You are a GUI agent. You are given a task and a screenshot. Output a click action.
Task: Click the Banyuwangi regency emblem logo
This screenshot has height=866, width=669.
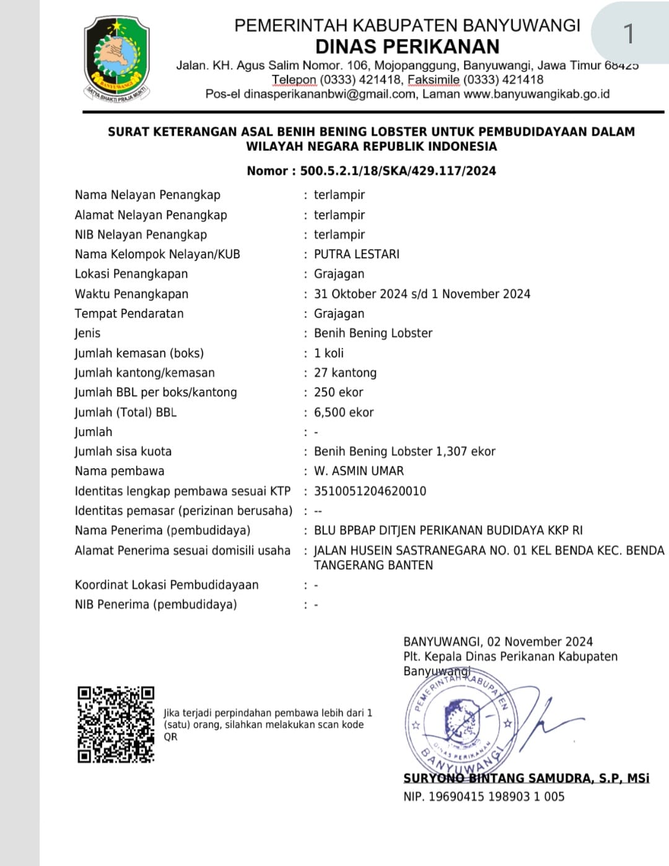click(117, 59)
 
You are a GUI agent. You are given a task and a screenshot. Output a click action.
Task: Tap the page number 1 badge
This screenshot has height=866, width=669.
click(629, 33)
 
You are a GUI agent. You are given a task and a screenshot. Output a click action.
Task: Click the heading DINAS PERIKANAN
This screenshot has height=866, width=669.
click(407, 46)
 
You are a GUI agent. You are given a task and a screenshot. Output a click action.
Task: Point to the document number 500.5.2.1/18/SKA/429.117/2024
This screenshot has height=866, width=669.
click(398, 171)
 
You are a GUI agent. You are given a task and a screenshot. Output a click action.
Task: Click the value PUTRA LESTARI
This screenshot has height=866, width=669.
click(356, 254)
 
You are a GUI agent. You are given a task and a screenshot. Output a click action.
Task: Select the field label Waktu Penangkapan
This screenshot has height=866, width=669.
click(131, 294)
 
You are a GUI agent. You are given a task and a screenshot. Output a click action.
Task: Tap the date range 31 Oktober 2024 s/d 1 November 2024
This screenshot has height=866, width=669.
click(422, 294)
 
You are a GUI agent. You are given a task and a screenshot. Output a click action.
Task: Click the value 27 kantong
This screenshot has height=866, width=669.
click(345, 372)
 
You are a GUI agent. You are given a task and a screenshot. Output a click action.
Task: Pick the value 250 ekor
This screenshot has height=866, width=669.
click(338, 392)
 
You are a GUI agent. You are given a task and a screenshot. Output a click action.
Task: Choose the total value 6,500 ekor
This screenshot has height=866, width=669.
click(344, 412)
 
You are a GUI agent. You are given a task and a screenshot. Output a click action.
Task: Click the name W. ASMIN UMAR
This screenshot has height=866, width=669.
click(359, 471)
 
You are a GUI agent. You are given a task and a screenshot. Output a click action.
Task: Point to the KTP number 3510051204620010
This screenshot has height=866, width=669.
click(370, 491)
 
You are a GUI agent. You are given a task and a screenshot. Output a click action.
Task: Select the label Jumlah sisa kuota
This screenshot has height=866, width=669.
click(123, 451)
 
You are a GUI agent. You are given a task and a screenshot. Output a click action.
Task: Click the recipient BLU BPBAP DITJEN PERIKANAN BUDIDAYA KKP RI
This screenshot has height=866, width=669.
click(448, 530)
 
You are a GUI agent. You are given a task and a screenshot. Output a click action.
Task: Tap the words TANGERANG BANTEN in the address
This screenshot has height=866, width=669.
click(373, 565)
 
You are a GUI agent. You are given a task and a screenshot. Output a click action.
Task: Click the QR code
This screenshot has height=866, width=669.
click(116, 724)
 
